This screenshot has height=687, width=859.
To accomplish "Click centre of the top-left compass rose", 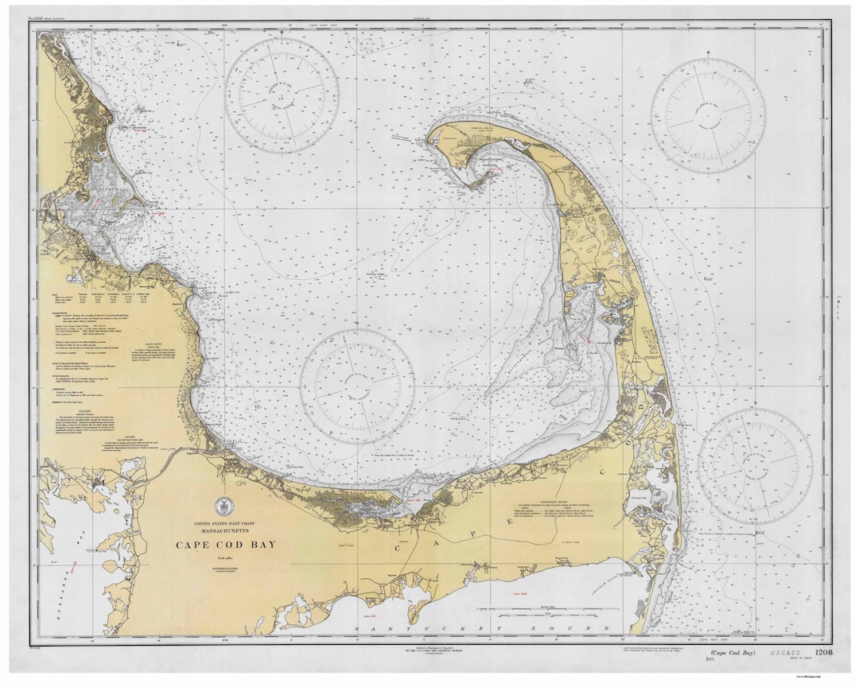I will tap(281, 95).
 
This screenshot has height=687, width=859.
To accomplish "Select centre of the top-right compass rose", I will tap(708, 114).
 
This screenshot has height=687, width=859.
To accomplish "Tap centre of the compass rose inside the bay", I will tap(357, 386).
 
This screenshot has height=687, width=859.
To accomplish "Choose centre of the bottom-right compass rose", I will tap(755, 466).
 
